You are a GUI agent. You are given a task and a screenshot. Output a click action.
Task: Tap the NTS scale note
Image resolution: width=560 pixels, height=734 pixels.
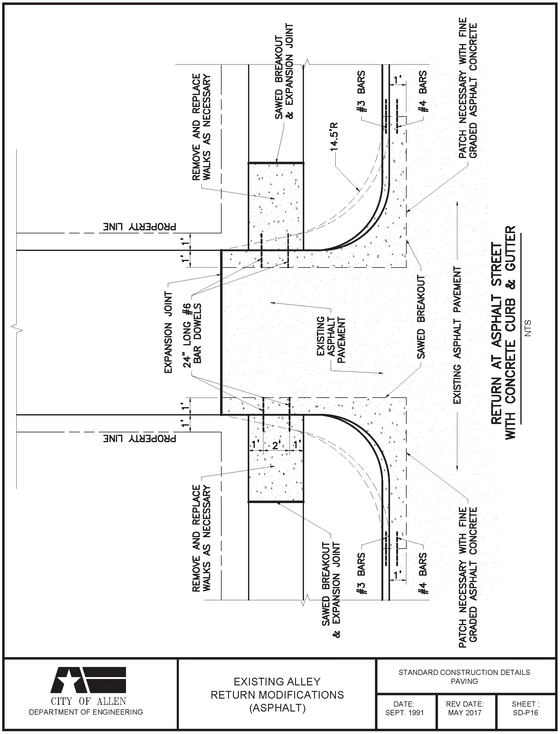(x=527, y=328)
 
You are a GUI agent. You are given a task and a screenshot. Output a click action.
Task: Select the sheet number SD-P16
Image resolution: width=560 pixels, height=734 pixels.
(x=525, y=713)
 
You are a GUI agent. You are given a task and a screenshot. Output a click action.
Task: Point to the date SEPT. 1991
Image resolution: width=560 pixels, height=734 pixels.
(x=404, y=713)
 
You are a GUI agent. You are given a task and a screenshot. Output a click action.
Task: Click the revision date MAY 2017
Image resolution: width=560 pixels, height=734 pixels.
(x=465, y=713)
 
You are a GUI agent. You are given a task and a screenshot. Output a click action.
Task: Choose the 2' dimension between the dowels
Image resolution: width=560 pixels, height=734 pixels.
(x=276, y=445)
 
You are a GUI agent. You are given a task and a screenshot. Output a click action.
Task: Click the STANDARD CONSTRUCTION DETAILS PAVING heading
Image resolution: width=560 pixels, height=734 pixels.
(x=464, y=676)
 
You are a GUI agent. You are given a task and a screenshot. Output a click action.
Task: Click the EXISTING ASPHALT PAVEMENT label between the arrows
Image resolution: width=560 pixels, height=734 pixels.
(x=457, y=335)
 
